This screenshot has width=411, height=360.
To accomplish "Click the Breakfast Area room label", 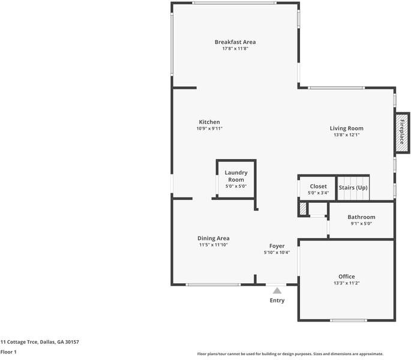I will coord(235,42).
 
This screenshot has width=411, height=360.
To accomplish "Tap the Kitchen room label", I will coord(209,122).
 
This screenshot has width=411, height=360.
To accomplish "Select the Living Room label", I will coord(346,128).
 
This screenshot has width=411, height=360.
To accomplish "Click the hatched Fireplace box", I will coord(401,131).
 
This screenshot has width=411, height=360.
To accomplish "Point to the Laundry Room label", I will coord(236,176).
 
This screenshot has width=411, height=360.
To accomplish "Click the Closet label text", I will coord(318,187).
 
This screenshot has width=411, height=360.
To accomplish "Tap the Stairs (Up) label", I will coord(353,188).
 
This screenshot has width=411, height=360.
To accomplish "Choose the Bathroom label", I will coord(361,217).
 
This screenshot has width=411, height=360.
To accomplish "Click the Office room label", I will coord(346,277).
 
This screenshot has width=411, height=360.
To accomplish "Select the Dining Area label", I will coord(213,238).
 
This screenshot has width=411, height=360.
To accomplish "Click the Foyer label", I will coord(277,246).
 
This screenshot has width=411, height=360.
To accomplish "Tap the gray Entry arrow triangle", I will coord(277,291).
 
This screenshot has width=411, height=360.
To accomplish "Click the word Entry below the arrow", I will coord(277,301).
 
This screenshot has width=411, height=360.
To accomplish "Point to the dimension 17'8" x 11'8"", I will coord(235,49).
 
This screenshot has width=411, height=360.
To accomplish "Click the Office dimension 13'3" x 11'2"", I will coord(346,283).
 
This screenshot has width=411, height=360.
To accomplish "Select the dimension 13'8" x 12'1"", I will coord(346,135).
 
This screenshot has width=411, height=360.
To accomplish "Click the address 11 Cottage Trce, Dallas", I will coord(40,341).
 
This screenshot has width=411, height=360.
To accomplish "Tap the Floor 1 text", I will coord(8,352).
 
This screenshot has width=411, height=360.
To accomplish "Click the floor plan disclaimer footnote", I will coord(290,354).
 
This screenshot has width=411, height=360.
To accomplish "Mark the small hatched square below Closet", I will coord(303,209).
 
